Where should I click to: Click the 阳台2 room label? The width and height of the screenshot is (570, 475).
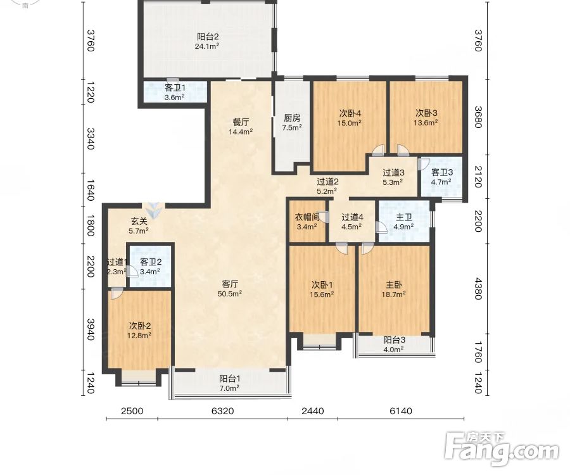(x=208, y=37)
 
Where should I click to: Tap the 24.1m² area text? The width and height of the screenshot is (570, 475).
(x=207, y=46)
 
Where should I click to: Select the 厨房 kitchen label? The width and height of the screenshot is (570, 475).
(x=292, y=118)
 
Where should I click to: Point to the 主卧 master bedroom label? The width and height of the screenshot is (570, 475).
(x=394, y=285)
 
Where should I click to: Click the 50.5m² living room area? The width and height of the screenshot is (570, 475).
(x=230, y=294)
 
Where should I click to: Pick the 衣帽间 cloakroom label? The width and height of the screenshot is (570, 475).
(x=307, y=217)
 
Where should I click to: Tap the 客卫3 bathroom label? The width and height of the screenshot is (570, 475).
(x=441, y=172)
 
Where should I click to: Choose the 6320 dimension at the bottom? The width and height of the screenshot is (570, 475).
(x=222, y=411)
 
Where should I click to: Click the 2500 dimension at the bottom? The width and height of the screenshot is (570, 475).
(x=132, y=411)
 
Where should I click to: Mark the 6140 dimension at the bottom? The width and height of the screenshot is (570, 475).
(x=401, y=411)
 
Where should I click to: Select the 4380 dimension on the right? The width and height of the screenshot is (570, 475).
(x=478, y=289)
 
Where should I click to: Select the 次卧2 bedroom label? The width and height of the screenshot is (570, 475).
(x=140, y=326)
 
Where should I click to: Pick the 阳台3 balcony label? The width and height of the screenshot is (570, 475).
(x=395, y=340)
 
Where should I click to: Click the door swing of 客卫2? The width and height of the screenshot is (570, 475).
(x=132, y=271)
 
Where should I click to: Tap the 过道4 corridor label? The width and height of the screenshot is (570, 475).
(x=352, y=217)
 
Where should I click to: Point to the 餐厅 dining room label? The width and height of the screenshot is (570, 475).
(x=241, y=122)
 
